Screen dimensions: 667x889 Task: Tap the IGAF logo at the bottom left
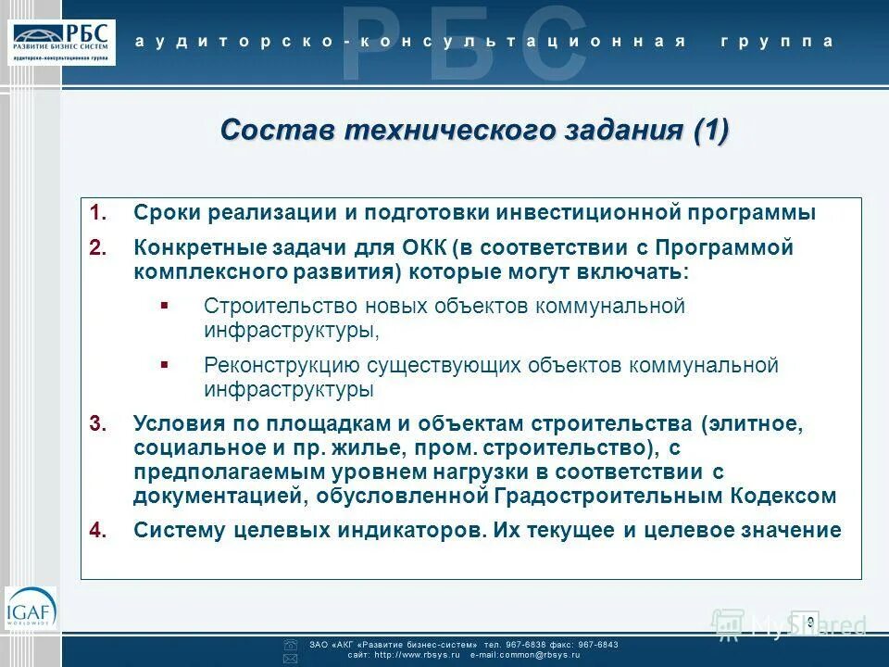click(x=31, y=609)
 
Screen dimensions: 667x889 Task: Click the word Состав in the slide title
click(x=278, y=130)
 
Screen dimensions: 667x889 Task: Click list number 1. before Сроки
click(x=99, y=213)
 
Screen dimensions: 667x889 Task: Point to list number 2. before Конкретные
click(x=99, y=248)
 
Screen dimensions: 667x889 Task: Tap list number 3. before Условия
click(x=99, y=424)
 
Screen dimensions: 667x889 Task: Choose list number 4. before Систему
click(x=99, y=530)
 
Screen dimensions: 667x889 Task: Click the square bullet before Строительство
click(x=164, y=305)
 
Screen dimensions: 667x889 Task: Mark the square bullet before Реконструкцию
click(x=164, y=365)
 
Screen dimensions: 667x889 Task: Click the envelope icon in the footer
click(x=290, y=657)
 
